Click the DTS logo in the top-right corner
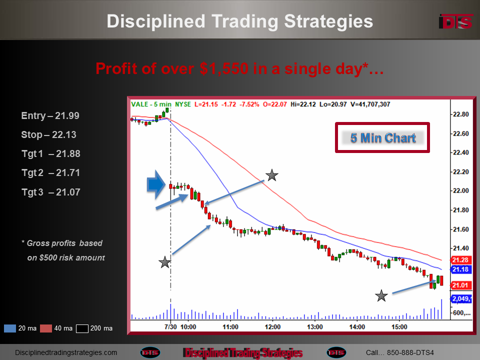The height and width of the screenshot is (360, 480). coord(456,21)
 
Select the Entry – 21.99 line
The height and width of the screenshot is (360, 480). coord(50,115)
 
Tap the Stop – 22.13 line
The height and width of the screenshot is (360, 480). coord(48,134)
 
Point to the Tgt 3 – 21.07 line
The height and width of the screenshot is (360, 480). coord(51,192)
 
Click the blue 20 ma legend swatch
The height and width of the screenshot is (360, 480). coord(10,328)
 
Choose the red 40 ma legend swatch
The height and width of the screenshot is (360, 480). coord(46,328)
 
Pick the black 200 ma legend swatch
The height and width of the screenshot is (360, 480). coord(82,328)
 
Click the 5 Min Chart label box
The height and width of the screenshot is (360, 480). coord(382,138)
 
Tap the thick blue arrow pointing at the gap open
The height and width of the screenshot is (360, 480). coord(156,185)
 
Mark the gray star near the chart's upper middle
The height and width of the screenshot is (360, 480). coord(272,175)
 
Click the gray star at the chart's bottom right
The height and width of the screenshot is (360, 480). coord(381,295)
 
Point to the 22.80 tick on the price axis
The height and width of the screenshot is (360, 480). coord(460,114)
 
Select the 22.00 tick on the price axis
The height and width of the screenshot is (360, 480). coord(460,190)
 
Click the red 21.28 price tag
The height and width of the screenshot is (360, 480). coord(460,260)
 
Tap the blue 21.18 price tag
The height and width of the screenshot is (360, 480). coord(460,269)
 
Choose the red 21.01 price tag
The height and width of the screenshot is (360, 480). coord(460,285)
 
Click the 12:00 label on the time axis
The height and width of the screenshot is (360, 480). coord(272,327)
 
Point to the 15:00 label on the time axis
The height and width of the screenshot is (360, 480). coord(399,327)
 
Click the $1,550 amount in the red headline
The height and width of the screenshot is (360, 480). coord(224,68)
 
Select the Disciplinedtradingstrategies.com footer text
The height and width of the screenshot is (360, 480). coord(66,352)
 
